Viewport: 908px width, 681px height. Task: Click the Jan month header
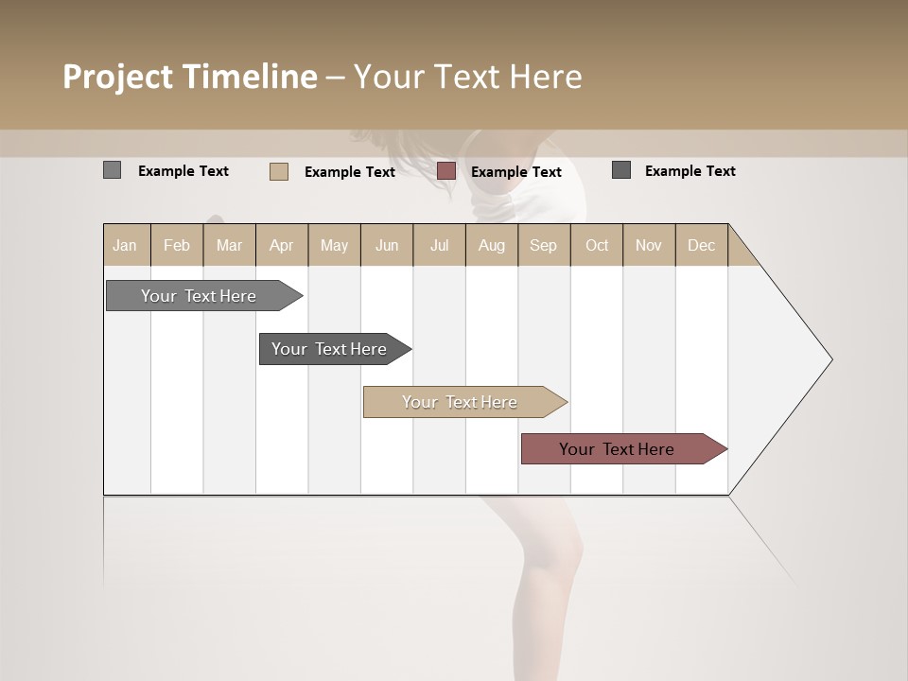tap(126, 245)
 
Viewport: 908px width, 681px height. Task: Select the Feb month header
tap(177, 245)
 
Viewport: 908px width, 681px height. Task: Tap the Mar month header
tap(229, 245)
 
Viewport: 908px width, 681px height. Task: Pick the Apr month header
tap(282, 245)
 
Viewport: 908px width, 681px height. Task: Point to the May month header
tap(334, 245)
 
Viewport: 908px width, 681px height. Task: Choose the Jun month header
tap(387, 245)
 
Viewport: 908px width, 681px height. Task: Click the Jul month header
tap(439, 245)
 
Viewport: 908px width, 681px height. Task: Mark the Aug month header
tap(492, 245)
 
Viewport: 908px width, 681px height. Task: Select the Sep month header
tap(544, 245)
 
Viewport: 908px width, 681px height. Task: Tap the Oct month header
tap(597, 245)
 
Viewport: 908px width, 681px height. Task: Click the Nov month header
tap(649, 245)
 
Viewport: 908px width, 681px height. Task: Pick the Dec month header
tap(702, 245)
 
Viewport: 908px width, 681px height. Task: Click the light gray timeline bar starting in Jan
tap(200, 296)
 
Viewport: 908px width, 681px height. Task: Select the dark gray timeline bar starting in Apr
tap(330, 349)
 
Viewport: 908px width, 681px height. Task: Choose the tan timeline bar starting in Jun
tap(461, 402)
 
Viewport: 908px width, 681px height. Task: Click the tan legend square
tap(279, 171)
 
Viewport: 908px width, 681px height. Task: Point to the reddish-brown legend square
tap(446, 171)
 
